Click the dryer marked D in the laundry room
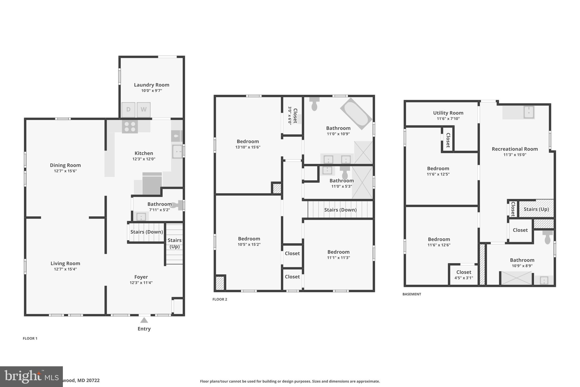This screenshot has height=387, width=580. click(128, 109)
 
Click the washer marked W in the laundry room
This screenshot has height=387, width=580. click(144, 109)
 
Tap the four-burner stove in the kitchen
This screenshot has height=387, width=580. click(130, 126)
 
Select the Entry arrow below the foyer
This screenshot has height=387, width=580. click(144, 320)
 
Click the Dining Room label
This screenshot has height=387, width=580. click(65, 165)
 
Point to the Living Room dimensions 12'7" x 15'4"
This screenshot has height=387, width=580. click(65, 269)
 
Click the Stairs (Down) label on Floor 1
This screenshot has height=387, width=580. click(146, 232)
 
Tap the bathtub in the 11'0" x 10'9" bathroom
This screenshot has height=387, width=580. click(356, 114)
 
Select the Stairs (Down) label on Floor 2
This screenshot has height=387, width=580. click(340, 210)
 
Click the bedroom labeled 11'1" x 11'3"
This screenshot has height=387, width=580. click(338, 255)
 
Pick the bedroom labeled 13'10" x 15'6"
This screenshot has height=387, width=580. click(248, 144)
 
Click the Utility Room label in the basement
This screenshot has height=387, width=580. click(448, 113)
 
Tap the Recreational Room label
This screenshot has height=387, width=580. click(515, 149)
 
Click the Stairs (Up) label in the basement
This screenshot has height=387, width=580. click(536, 209)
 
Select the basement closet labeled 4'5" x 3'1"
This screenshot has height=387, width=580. click(464, 275)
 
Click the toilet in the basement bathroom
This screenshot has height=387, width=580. click(547, 238)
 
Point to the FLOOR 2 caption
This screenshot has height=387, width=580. click(220, 299)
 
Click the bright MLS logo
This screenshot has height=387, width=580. click(31, 377)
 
